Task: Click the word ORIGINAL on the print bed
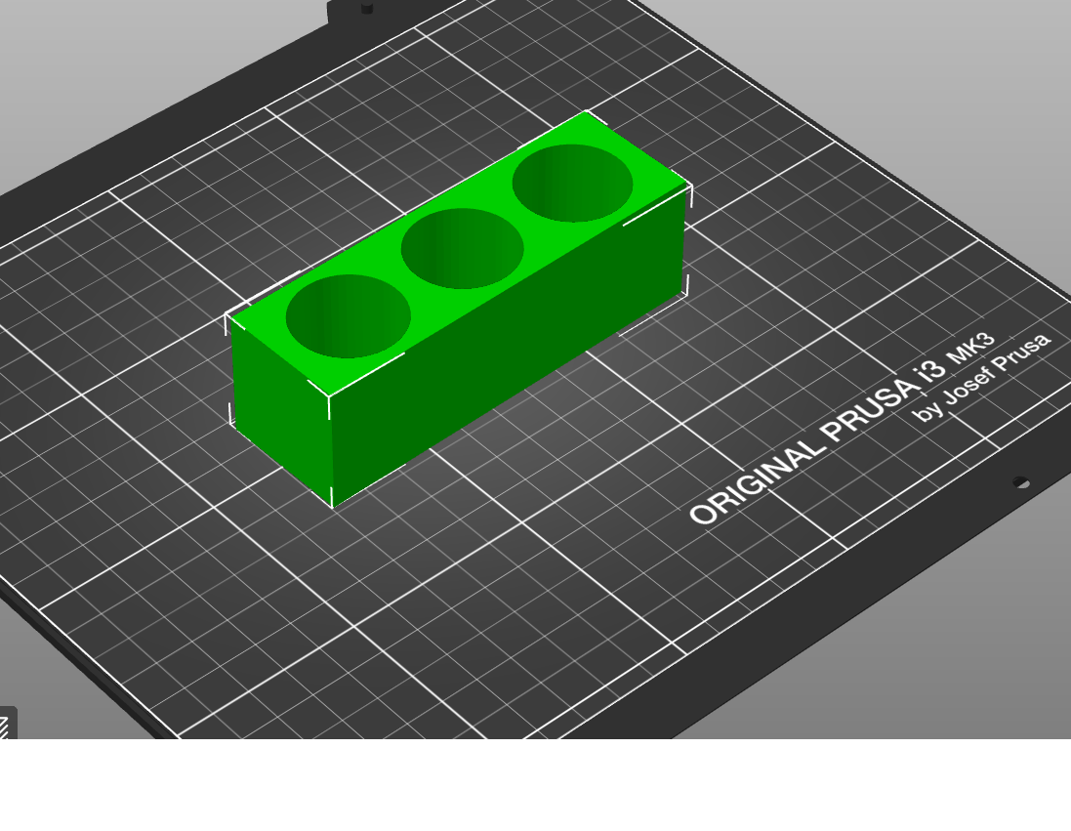(x=756, y=481)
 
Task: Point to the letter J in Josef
(x=948, y=396)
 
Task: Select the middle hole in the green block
(x=462, y=248)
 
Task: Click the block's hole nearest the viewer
(x=348, y=315)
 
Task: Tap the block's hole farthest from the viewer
(x=572, y=183)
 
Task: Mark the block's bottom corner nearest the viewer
(x=333, y=506)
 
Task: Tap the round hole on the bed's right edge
(x=1020, y=482)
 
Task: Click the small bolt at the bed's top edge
(x=366, y=8)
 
